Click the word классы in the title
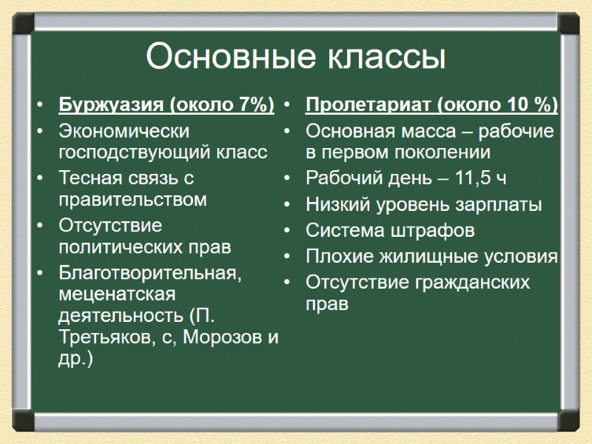tap(382, 57)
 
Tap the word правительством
tap(132, 200)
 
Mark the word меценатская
tap(117, 294)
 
